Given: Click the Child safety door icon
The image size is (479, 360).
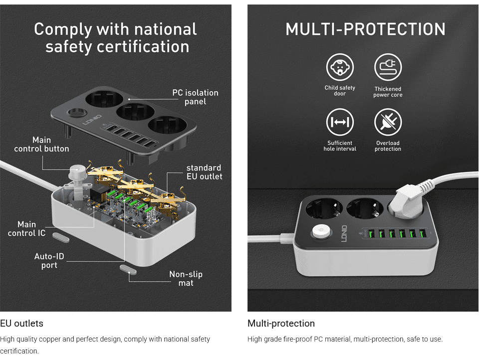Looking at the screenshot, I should pyautogui.click(x=340, y=67).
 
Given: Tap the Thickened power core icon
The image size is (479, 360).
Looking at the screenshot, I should pyautogui.click(x=388, y=67).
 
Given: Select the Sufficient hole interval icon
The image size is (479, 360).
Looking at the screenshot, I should pyautogui.click(x=340, y=123).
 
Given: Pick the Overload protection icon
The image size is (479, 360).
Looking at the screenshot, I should pyautogui.click(x=388, y=123).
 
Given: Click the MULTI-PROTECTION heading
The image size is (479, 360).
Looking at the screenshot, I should pyautogui.click(x=365, y=29).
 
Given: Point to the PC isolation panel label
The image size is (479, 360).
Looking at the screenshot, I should pyautogui.click(x=195, y=97).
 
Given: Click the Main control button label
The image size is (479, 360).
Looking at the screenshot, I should pyautogui.click(x=41, y=144).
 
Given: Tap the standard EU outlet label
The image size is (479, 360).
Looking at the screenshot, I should pyautogui.click(x=204, y=172).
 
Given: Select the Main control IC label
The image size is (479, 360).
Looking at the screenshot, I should pyautogui.click(x=26, y=229).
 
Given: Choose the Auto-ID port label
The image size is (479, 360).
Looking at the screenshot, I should pyautogui.click(x=49, y=261).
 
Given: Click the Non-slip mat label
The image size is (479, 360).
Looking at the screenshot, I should pyautogui.click(x=186, y=279).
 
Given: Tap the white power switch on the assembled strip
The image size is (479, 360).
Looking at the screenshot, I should pyautogui.click(x=320, y=232).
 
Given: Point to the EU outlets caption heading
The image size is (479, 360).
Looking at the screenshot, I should pyautogui.click(x=21, y=323).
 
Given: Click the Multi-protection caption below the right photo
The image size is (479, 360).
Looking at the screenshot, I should pyautogui.click(x=281, y=323).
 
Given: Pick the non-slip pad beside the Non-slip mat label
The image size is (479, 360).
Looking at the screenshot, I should pyautogui.click(x=128, y=269).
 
